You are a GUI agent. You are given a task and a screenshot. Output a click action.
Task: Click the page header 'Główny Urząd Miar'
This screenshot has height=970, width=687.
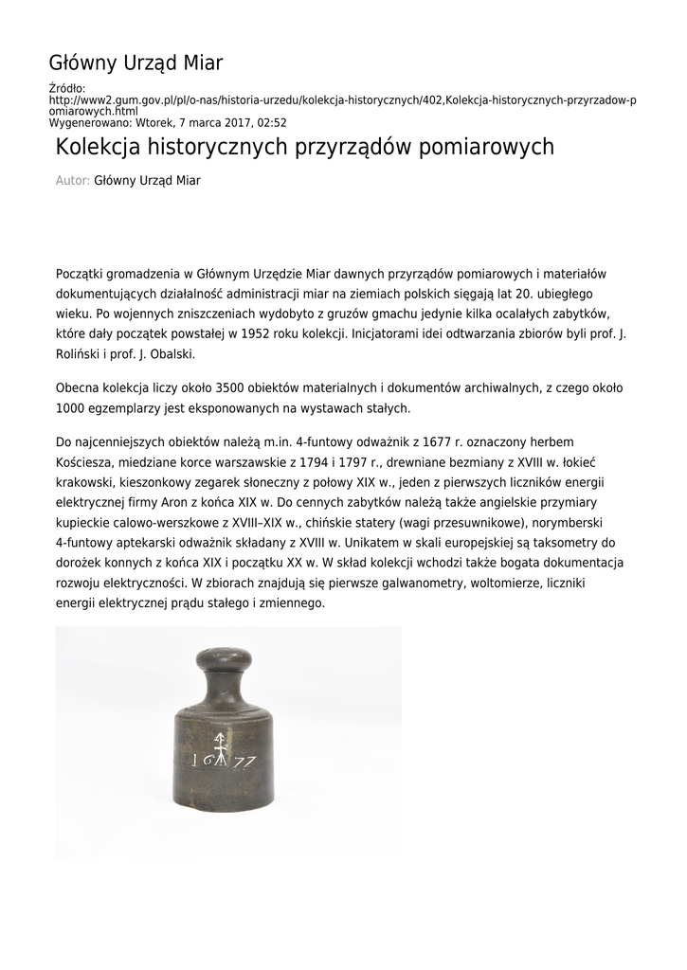click(x=136, y=63)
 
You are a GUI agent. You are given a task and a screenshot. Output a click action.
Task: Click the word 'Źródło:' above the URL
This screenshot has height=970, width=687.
click(x=66, y=88)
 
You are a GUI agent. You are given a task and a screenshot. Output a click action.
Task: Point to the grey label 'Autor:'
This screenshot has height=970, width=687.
click(x=73, y=180)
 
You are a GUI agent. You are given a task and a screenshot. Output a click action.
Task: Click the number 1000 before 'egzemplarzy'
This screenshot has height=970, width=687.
click(x=71, y=407)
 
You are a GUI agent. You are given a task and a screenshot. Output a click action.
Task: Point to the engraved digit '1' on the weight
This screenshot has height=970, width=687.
click(x=194, y=759)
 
